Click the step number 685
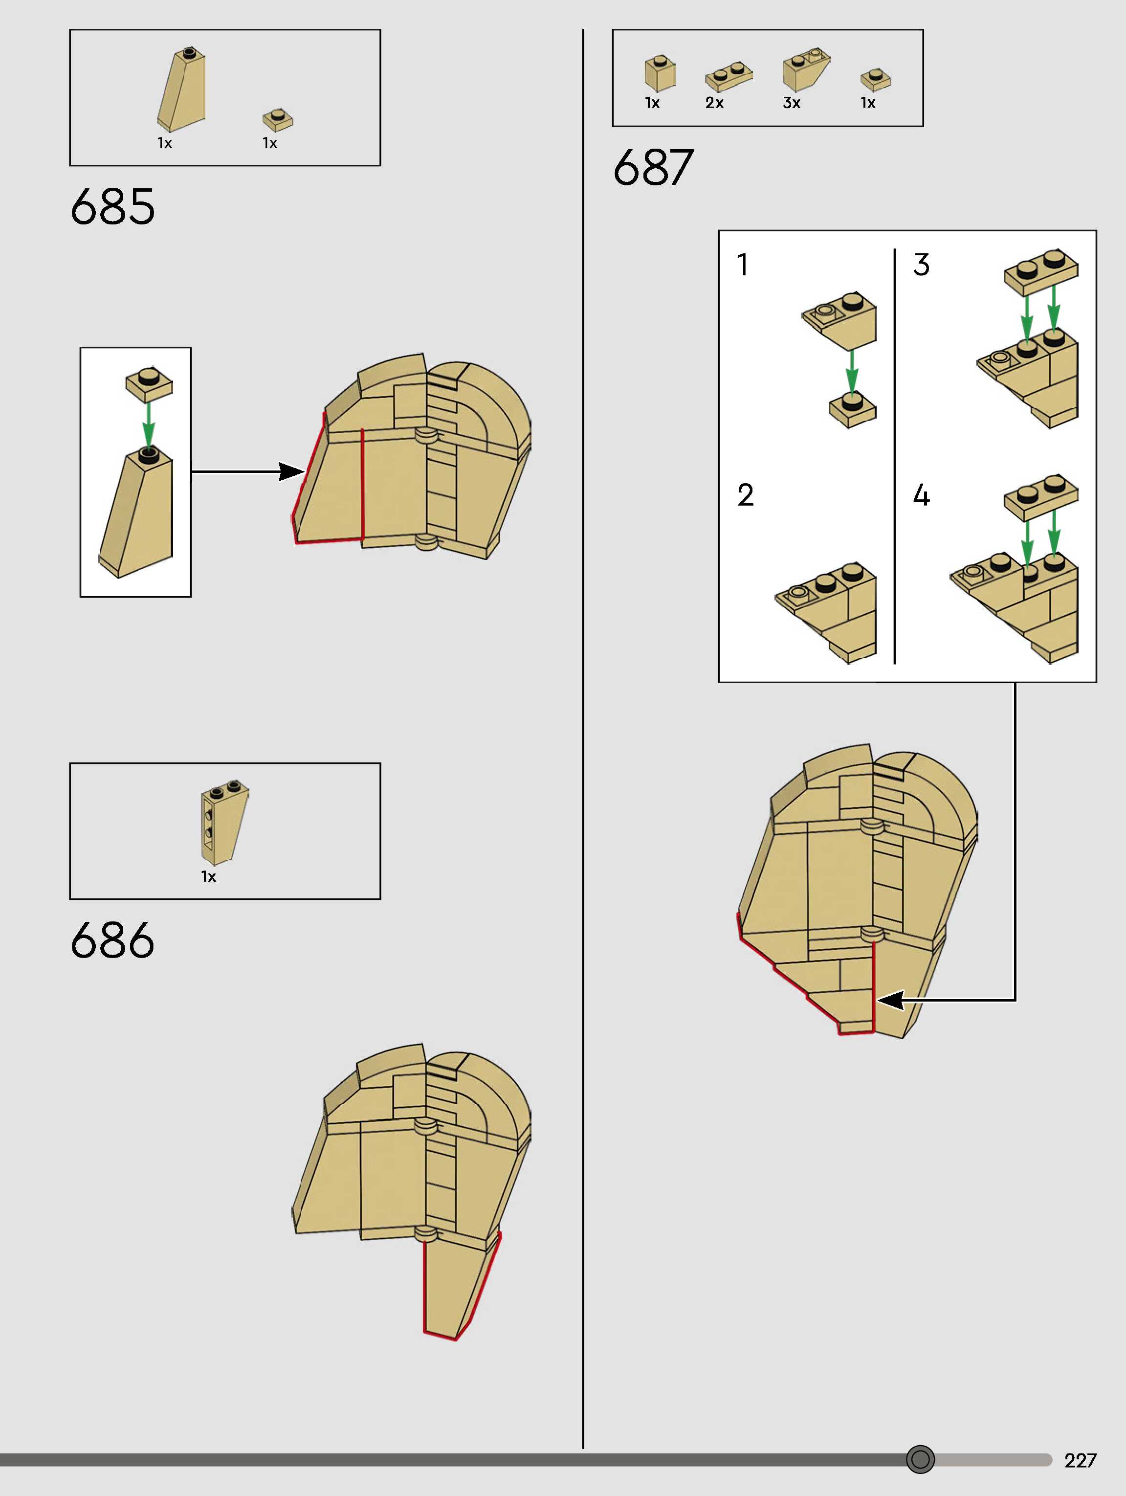coord(112,206)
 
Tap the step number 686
coord(112,940)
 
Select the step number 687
coord(653,168)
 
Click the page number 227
coord(1080,1460)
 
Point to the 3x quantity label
coord(791,103)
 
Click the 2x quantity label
coord(714,103)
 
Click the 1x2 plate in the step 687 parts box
coord(729,76)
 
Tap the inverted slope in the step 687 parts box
coord(805,70)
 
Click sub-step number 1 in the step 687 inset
coord(743,265)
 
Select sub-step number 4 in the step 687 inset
coord(921,495)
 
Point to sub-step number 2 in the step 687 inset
coord(745,495)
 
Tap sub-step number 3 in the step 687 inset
coord(921,265)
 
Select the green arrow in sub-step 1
coord(852,372)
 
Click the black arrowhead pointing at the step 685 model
coord(292,472)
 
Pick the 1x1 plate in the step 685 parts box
coord(278,120)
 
